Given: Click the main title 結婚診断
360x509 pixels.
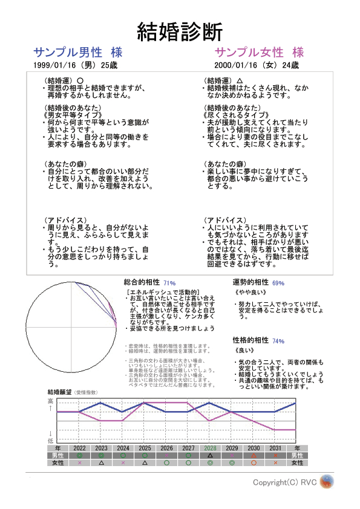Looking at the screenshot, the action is point(180,30).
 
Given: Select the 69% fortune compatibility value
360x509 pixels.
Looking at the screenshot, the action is point(278,283).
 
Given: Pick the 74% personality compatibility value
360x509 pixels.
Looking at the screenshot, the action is point(278,341).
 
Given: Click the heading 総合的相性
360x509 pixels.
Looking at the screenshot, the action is point(142,282).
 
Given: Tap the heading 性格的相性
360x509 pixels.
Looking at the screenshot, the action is point(250,340).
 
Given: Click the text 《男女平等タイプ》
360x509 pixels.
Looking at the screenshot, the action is point(68,115).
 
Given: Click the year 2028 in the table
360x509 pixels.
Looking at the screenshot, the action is point(210,448).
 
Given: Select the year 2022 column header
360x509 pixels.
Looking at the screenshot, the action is point(80,448).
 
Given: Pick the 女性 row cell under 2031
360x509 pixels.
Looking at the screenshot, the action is point(275,462).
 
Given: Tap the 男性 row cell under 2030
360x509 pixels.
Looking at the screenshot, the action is point(254,455).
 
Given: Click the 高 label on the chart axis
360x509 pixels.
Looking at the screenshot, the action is point(51,401).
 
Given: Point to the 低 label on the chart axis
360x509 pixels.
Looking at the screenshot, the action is point(51,441).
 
